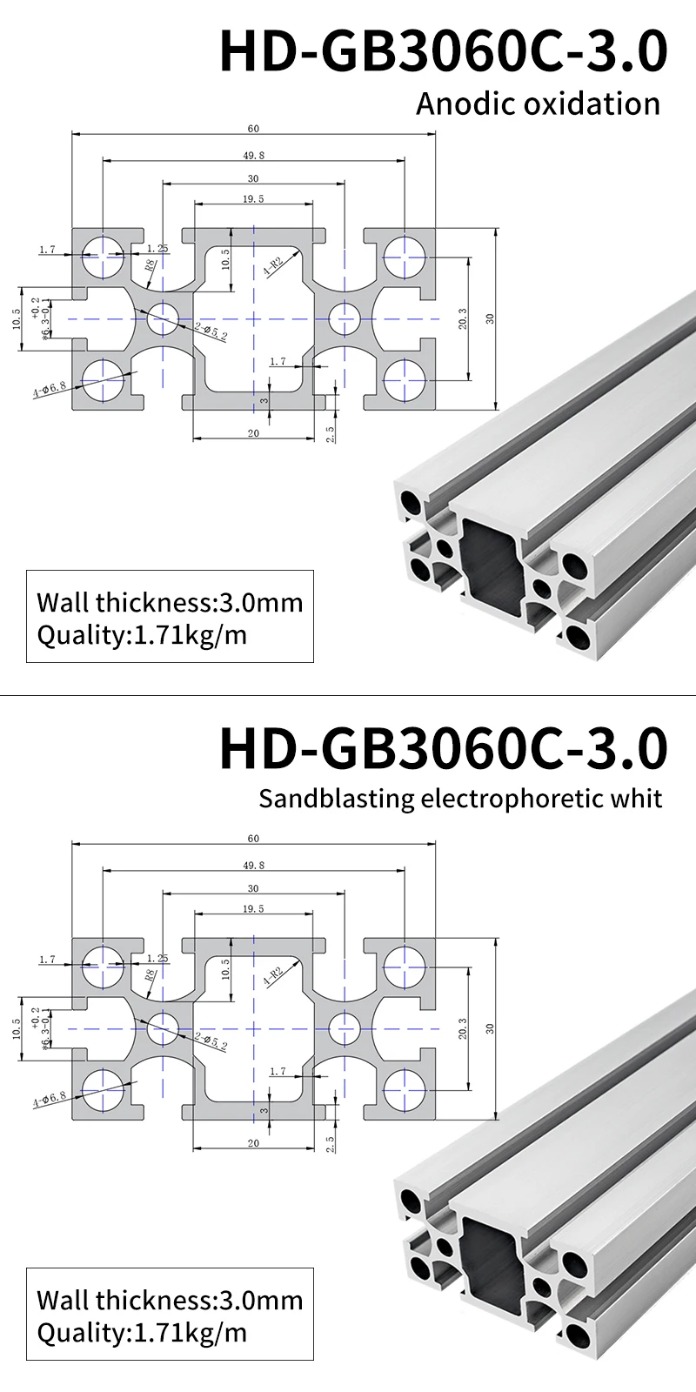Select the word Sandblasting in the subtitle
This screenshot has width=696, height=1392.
pos(336,798)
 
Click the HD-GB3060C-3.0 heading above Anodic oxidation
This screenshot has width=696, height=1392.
pos(443,50)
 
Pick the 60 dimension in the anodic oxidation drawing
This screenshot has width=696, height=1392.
pos(253,129)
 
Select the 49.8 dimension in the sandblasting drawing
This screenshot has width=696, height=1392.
pos(253,866)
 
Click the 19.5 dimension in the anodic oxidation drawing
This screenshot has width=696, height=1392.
pos(253,199)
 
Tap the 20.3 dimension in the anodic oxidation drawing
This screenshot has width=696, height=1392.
pos(462,318)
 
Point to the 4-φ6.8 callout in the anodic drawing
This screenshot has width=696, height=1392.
pos(50,388)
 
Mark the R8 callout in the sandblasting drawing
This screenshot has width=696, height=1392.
pos(150,974)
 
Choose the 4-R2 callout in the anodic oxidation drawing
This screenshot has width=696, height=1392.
pos(273,265)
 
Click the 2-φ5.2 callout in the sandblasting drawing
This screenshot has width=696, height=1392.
pos(211,1040)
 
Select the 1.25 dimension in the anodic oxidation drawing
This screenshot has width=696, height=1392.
pos(157,249)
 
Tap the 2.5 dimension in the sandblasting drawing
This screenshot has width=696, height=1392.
pos(331,1143)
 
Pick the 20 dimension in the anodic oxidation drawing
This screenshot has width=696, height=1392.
pos(253,433)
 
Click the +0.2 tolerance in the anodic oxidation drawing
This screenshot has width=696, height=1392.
pos(35,307)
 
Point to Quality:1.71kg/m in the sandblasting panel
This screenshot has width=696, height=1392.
pos(142,1333)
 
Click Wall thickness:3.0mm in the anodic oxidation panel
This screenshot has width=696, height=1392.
pos(170,602)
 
